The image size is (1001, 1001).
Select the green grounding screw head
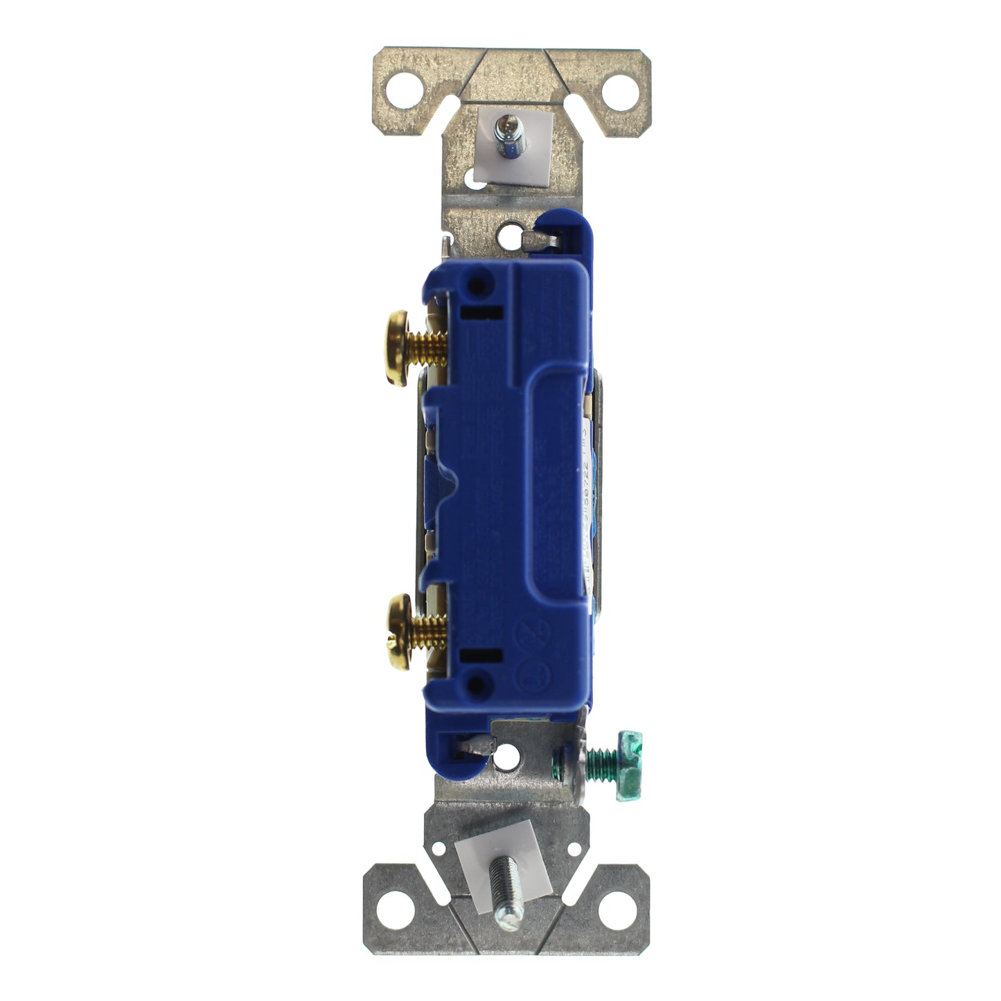630,766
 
